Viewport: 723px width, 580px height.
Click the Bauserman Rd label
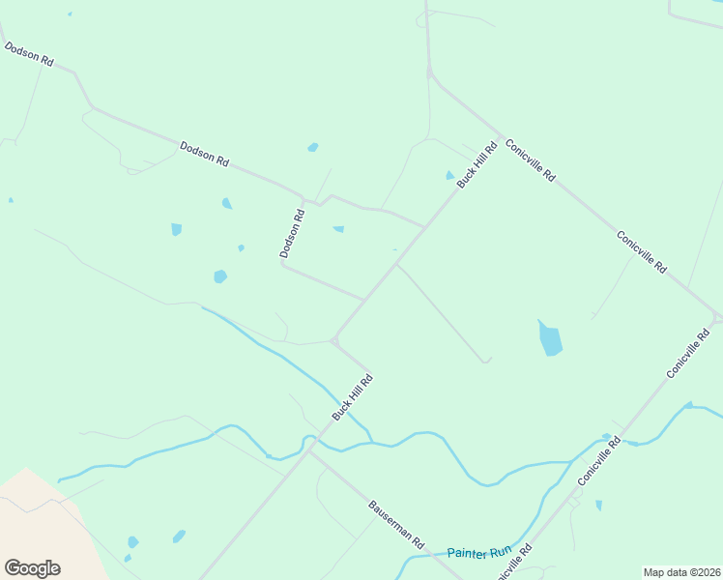(x=397, y=526)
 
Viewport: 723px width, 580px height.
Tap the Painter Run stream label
(x=478, y=553)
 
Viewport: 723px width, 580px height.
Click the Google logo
(x=32, y=568)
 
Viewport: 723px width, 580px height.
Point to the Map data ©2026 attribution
(x=680, y=572)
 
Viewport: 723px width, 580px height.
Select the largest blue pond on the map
(x=550, y=339)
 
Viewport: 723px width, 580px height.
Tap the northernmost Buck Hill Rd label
(x=477, y=163)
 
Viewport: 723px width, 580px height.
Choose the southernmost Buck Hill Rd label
(x=353, y=396)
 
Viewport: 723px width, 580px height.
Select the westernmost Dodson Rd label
(x=28, y=54)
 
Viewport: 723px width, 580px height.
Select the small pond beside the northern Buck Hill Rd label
(x=449, y=176)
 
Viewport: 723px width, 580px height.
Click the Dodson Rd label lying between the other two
(x=204, y=155)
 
